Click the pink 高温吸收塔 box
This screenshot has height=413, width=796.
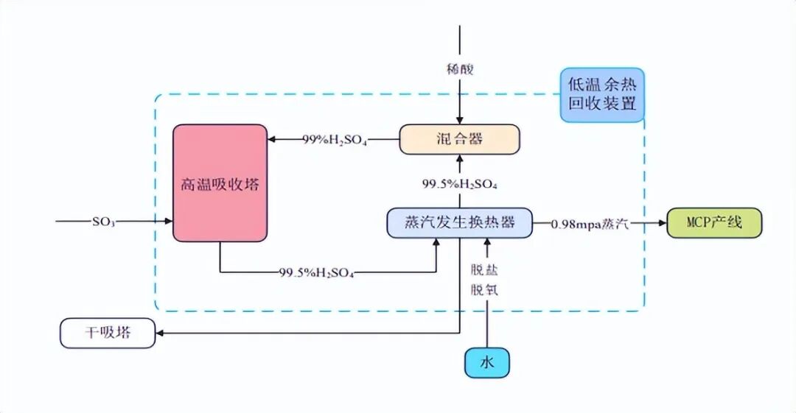click(x=220, y=183)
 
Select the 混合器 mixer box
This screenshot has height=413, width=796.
click(x=460, y=139)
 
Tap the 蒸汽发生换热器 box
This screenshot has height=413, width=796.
click(x=459, y=222)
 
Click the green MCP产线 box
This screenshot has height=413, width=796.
click(x=714, y=222)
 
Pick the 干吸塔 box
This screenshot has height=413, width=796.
click(x=107, y=333)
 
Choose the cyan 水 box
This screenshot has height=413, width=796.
click(x=486, y=362)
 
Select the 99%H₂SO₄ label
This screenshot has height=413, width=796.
click(x=335, y=138)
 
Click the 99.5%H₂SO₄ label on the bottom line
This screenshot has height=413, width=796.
click(x=317, y=273)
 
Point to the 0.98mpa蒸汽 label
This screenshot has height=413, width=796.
click(x=590, y=223)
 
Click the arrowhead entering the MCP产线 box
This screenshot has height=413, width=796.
click(x=661, y=222)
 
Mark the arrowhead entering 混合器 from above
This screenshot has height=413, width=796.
click(x=460, y=120)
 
